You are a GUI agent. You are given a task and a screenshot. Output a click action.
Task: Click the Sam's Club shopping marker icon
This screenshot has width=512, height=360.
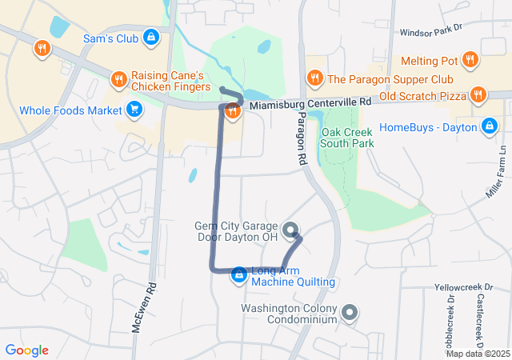(x=151, y=37)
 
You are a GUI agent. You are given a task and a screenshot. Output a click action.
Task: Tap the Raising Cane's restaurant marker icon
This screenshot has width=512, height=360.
(x=118, y=78)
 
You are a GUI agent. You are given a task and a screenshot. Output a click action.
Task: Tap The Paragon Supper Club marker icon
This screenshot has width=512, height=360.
(x=314, y=78)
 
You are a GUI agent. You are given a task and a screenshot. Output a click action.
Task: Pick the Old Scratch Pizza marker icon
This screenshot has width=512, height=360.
(x=478, y=96)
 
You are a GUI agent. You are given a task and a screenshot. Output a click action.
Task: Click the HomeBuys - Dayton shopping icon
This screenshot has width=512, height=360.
(x=489, y=126)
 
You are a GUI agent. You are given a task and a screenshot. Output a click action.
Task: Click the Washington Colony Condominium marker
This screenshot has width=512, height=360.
(x=349, y=313)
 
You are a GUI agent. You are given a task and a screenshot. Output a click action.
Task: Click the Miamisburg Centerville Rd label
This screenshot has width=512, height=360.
(x=310, y=103)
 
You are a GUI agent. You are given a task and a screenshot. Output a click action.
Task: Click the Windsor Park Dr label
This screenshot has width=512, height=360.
(x=431, y=31)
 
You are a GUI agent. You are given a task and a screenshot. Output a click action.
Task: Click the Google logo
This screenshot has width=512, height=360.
(x=27, y=350)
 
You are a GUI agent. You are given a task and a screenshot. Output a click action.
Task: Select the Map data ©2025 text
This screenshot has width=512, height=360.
(x=478, y=354)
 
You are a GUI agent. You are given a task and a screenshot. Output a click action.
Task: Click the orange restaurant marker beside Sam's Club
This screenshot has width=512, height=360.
(x=42, y=50)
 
